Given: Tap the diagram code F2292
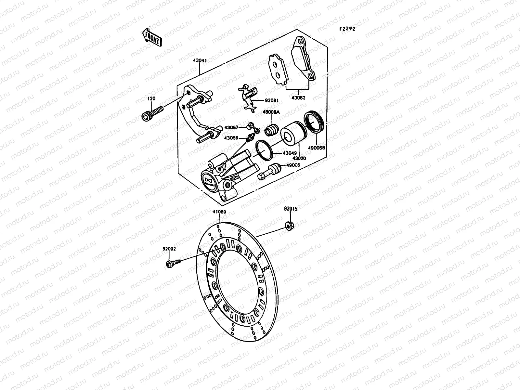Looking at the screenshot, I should pos(347,29).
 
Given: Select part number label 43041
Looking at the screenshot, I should pos(200,60).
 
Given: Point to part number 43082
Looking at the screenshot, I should pos(298,97).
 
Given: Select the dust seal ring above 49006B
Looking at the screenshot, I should pos(313,122).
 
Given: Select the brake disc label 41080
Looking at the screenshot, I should pos(219,212).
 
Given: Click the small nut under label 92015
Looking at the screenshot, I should pos(288,225).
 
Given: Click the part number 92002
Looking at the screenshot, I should pos(169,249).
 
